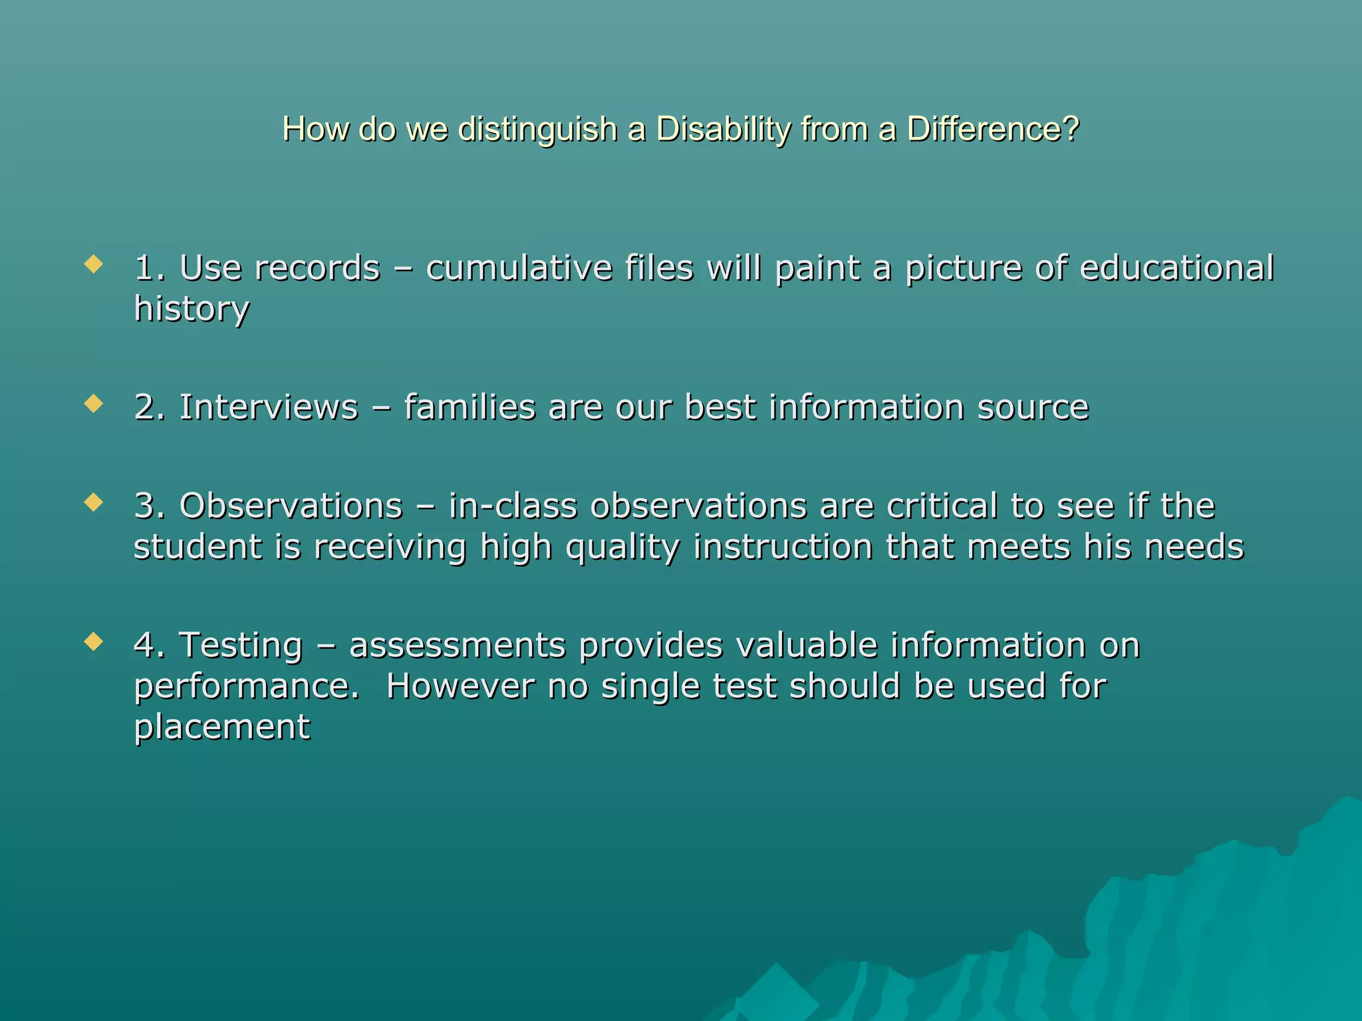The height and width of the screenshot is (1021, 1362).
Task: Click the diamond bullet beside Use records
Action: (x=94, y=265)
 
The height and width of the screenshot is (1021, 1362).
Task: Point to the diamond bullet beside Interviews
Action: (x=94, y=404)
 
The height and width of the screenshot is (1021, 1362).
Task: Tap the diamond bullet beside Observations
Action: (x=94, y=503)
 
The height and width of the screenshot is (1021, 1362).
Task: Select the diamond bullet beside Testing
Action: (x=94, y=641)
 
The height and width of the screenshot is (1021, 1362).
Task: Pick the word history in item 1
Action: (x=192, y=309)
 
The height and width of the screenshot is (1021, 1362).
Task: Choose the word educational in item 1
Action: (x=1176, y=268)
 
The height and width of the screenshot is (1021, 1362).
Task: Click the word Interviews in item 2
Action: (x=269, y=407)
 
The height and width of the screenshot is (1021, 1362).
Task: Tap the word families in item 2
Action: (x=470, y=407)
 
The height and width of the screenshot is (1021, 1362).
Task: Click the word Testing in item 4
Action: (x=241, y=645)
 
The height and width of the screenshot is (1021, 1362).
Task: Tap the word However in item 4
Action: (x=460, y=686)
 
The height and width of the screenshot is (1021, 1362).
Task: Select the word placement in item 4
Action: (x=222, y=727)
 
